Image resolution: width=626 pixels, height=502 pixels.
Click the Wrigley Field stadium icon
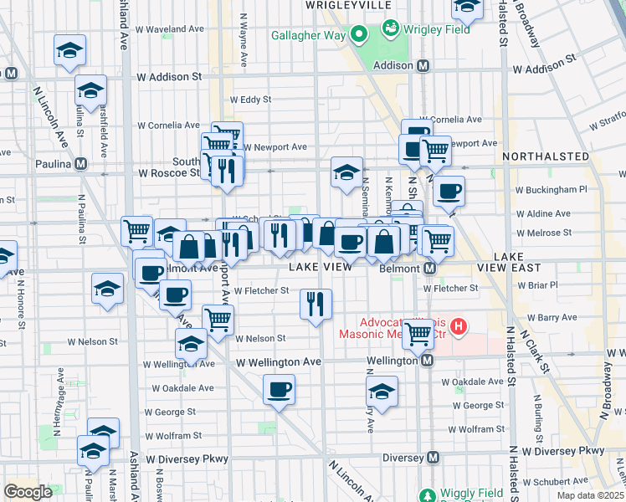389,29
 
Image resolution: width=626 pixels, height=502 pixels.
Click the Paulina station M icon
81,164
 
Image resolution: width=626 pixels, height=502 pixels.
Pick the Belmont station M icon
429,269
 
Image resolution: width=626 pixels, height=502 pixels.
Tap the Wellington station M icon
427,360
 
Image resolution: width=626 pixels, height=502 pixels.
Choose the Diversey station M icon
433,458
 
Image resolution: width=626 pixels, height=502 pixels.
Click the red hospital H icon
457,325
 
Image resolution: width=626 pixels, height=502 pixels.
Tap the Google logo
28,491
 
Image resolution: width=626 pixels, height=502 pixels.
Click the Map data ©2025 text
590,495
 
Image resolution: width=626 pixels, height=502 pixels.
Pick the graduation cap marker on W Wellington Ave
192,345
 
